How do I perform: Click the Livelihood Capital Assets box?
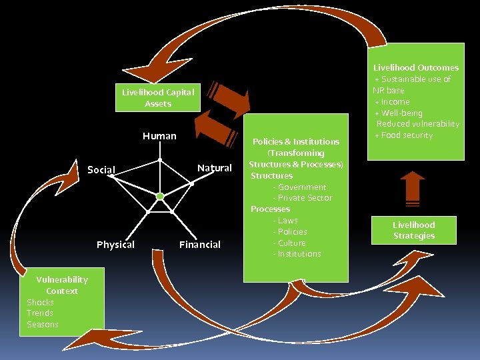click(158, 98)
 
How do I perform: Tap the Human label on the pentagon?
click(159, 136)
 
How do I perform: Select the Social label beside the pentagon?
click(101, 170)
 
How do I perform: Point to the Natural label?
click(214, 168)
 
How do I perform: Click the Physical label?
click(115, 245)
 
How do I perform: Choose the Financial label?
click(199, 245)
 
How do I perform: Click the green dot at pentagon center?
click(160, 196)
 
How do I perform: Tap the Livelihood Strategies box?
click(413, 230)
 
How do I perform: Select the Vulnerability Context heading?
click(62, 285)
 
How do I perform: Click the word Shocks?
click(40, 302)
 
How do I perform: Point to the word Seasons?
click(43, 325)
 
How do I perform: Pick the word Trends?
click(40, 313)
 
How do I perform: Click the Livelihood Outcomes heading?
click(415, 67)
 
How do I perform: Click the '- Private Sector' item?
click(302, 198)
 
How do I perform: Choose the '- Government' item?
click(299, 187)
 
